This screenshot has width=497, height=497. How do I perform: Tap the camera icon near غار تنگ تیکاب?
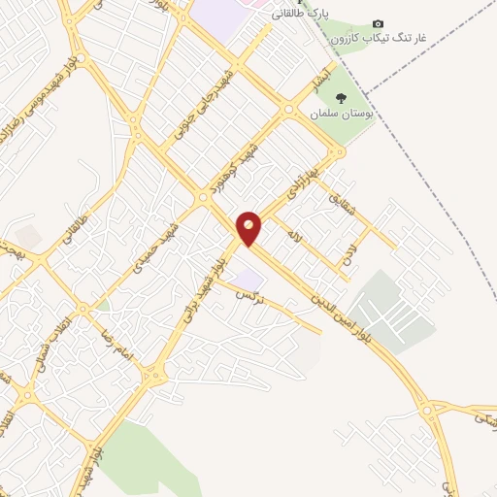point(379,23)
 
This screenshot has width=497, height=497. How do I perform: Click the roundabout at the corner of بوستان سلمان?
point(336,151)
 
